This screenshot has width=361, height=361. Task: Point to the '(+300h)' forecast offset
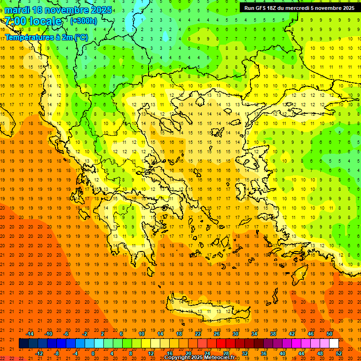[x=84, y=21]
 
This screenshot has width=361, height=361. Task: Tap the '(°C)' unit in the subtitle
[x=80, y=37]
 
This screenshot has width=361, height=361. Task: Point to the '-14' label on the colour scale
[x=29, y=334]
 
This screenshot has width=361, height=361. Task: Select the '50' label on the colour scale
[x=330, y=334]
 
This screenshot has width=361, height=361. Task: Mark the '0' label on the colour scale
[x=94, y=353]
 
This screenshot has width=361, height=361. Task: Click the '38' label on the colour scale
[x=273, y=334]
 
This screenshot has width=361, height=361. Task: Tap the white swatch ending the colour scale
[x=334, y=344]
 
